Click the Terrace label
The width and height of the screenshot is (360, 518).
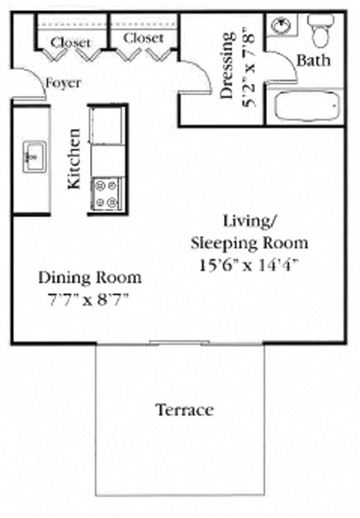point(184,410)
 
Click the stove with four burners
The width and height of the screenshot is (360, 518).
point(107,193)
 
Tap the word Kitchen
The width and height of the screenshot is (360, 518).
point(73,159)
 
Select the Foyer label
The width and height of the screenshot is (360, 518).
point(63,83)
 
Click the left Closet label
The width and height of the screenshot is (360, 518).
point(71,43)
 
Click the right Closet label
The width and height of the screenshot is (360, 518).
point(143,37)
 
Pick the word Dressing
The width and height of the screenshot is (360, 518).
point(227,66)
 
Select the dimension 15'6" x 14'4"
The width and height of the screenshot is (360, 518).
point(248,264)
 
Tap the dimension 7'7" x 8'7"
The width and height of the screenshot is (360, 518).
point(89,299)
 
